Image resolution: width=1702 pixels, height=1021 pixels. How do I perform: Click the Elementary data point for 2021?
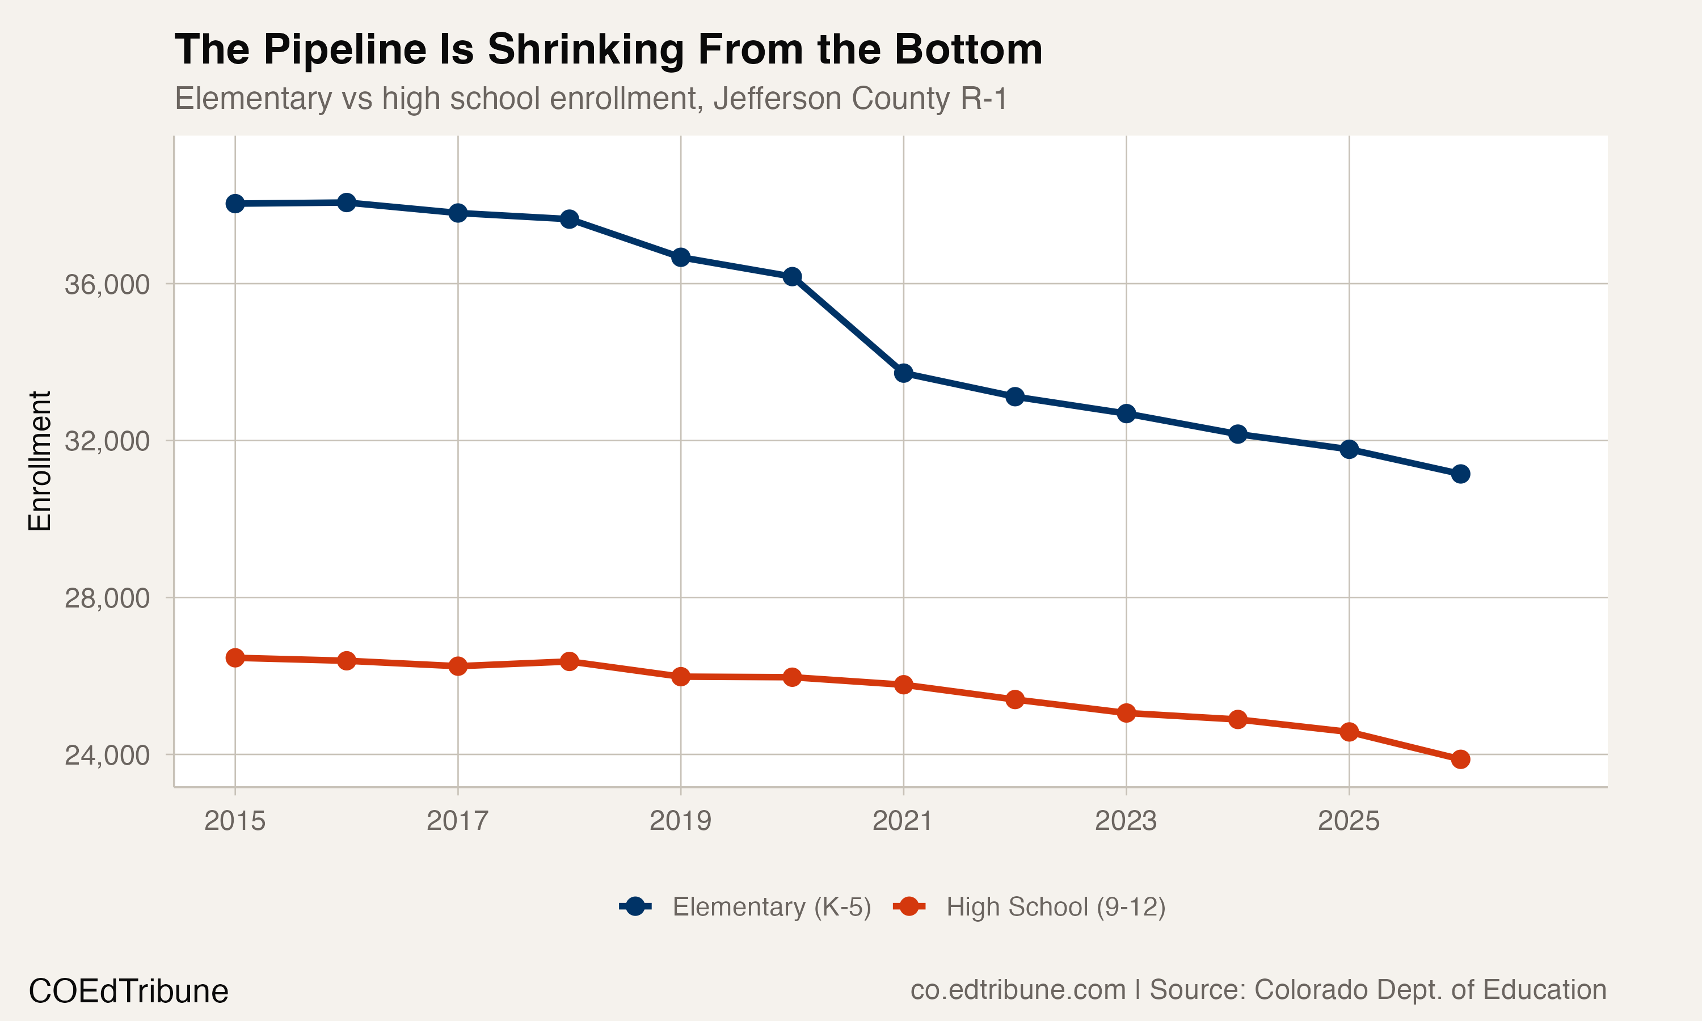903,373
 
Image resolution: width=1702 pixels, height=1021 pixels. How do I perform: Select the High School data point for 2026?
1460,760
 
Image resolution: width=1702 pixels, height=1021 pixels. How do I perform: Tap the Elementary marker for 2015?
235,204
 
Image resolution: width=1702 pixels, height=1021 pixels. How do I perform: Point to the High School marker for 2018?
569,661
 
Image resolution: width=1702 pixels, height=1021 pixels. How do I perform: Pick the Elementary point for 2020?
792,277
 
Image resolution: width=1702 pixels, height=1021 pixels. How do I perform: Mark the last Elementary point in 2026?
1460,474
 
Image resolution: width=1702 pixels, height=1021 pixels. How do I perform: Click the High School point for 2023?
1126,713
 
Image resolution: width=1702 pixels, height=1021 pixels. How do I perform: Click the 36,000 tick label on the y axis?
107,284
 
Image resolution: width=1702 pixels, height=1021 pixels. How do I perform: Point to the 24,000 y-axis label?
107,755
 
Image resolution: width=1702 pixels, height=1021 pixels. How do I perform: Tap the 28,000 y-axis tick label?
107,598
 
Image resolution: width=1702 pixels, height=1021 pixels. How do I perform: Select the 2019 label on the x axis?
680,821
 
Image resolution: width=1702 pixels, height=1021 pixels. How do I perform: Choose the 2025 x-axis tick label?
1349,821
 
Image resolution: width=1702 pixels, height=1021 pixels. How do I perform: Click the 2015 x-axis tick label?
235,821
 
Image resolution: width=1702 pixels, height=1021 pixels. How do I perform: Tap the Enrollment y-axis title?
40,461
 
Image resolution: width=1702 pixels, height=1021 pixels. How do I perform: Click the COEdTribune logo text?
129,992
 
